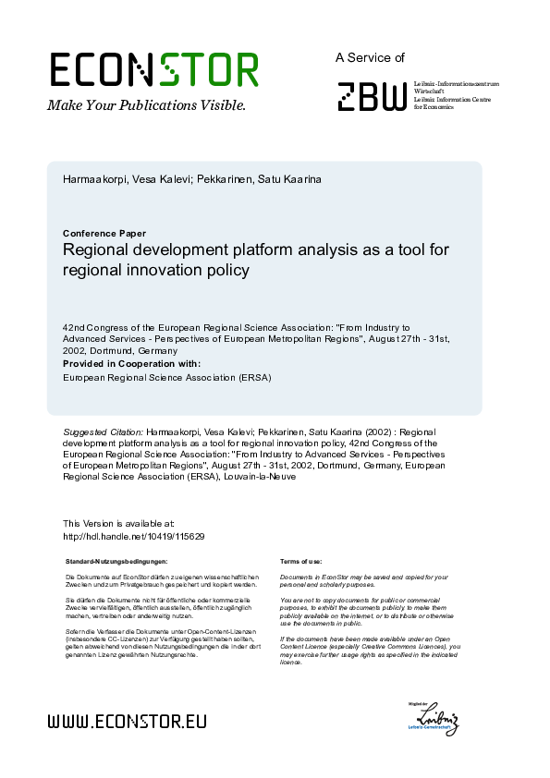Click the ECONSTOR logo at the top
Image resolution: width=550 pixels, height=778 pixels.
[x=153, y=70]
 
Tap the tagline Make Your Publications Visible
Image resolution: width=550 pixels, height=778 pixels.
[x=146, y=105]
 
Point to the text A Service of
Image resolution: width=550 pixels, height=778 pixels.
[x=370, y=57]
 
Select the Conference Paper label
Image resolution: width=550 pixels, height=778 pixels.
[x=104, y=234]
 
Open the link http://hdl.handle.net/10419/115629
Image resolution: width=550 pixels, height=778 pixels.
[x=133, y=536]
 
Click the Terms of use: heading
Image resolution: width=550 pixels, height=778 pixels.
[x=300, y=562]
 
